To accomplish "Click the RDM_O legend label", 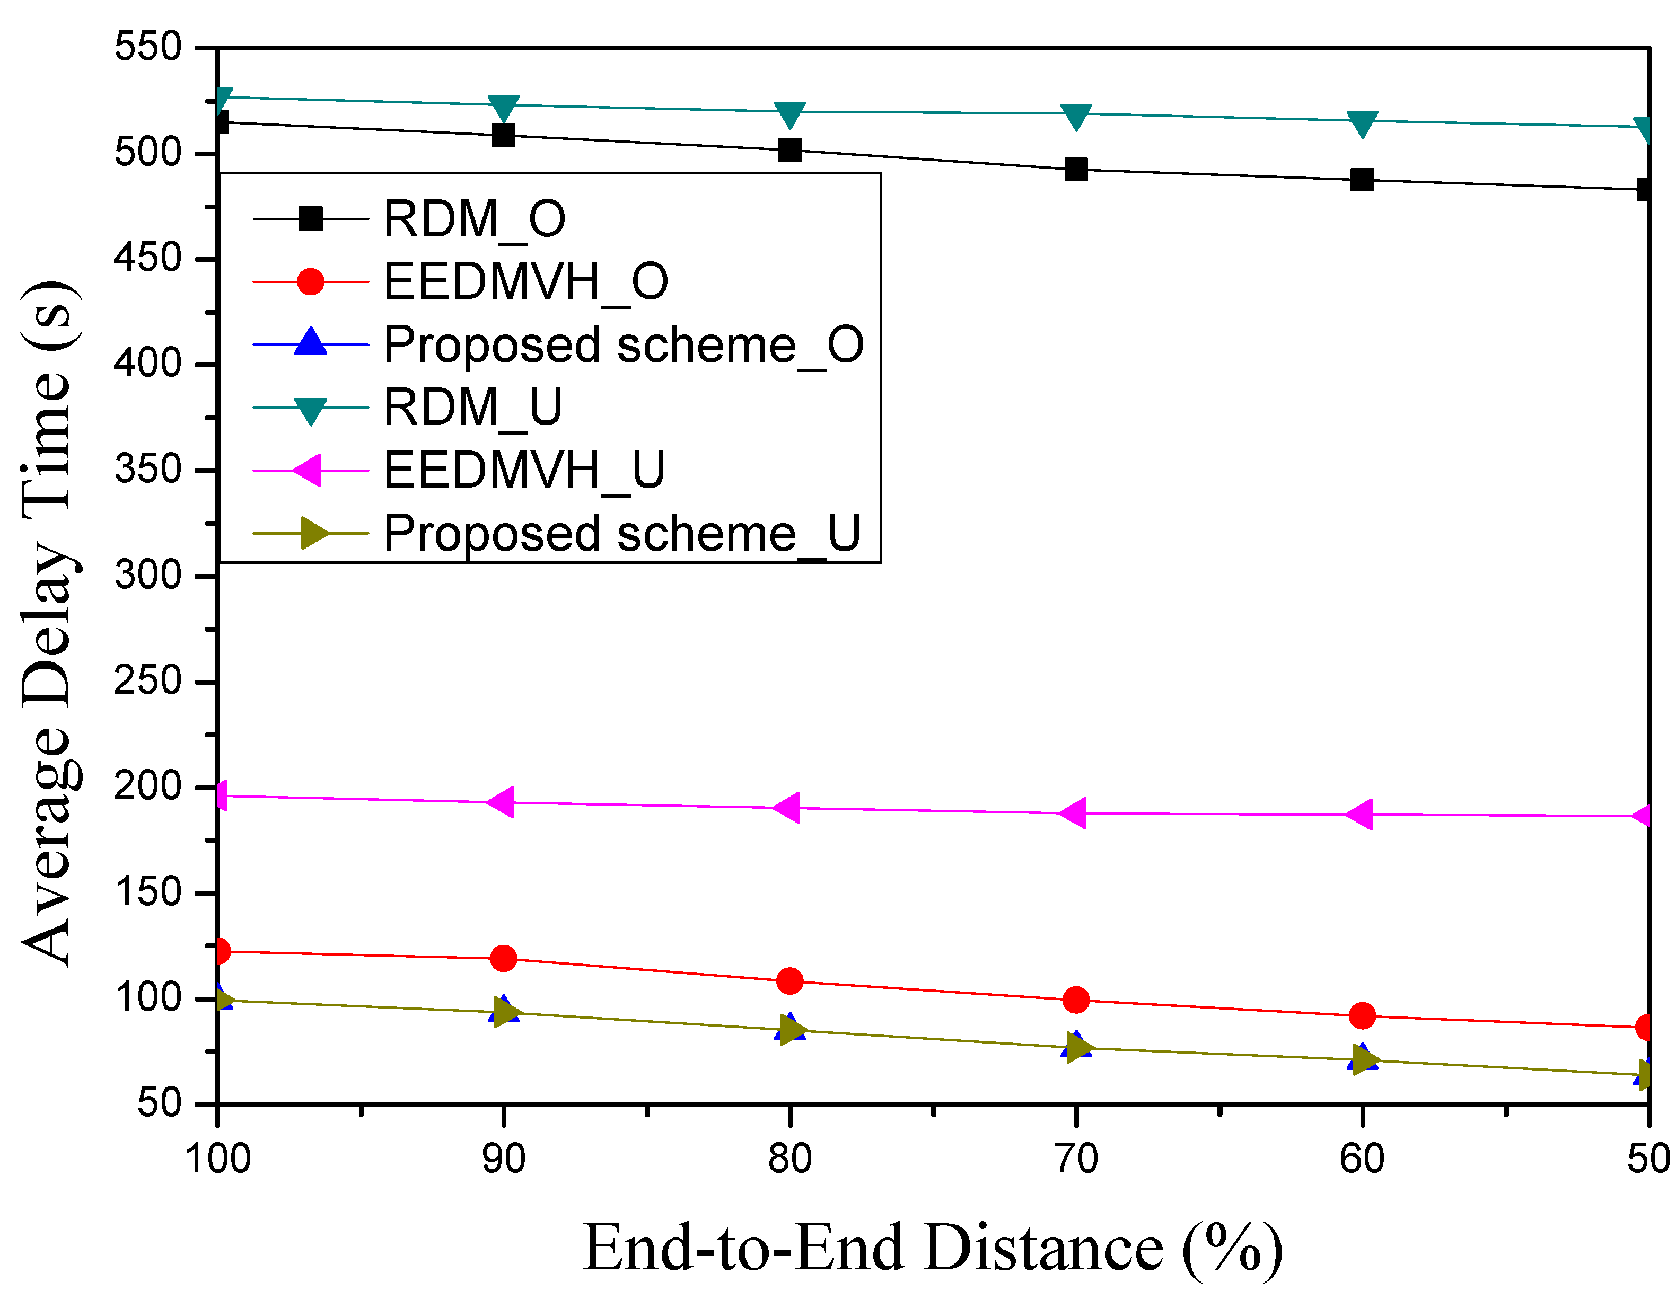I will (x=474, y=219).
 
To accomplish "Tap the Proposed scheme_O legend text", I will (x=623, y=344).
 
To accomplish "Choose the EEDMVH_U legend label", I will (x=524, y=470).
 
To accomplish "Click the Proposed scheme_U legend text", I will (x=621, y=533).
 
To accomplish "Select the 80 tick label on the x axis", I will (x=789, y=1159).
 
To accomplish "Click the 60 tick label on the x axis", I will (x=1362, y=1159).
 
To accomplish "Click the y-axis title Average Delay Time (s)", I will (x=48, y=623).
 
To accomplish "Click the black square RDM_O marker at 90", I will (x=503, y=135).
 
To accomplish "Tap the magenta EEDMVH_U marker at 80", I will (x=788, y=808).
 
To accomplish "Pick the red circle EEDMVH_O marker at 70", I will (x=1076, y=1000).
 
